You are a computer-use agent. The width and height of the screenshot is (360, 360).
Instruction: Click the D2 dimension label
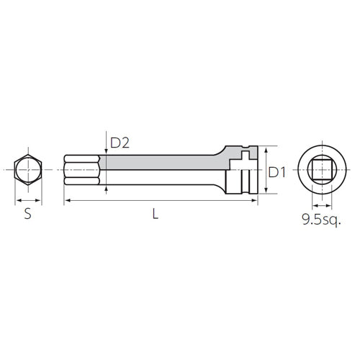point(120,143)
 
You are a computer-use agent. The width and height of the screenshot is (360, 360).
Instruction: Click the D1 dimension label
point(277,172)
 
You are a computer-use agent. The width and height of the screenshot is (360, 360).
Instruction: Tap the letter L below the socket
point(156,214)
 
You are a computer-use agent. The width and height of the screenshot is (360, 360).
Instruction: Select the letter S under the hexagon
point(28,214)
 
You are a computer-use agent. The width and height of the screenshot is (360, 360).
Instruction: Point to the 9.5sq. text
point(321,220)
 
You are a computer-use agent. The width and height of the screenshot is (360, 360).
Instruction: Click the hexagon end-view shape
point(14,170)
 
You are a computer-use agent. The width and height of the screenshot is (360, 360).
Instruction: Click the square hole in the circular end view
point(312,170)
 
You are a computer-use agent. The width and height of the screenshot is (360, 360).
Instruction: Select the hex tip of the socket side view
point(82,170)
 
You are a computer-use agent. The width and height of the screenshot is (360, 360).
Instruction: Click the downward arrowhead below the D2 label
point(106,151)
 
